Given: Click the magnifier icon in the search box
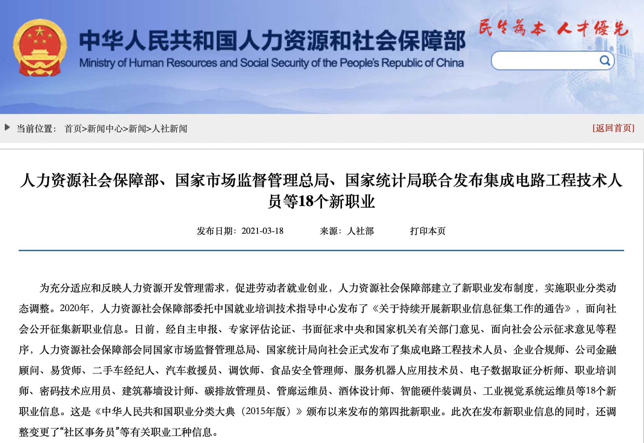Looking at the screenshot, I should point(605,60).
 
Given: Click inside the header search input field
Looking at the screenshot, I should point(544,61).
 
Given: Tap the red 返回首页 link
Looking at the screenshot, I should point(613,128).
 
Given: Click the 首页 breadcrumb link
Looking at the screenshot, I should point(73,129).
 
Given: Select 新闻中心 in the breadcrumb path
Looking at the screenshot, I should point(105,129).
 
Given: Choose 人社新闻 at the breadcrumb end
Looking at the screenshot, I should point(170,129).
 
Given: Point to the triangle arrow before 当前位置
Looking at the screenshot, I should point(7,127).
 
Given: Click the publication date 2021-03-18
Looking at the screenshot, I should point(262,231).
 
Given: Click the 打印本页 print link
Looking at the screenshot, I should point(428,231).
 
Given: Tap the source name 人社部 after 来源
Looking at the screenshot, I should point(360,231).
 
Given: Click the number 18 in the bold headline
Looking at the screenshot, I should point(306,202).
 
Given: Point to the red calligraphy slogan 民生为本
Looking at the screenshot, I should point(512,28).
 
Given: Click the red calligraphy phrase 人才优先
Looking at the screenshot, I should point(592,28).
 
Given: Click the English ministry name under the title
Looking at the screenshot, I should point(271,63).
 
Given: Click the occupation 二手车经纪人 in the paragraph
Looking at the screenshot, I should point(124,370).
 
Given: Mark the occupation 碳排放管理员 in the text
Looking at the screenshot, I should point(235,391).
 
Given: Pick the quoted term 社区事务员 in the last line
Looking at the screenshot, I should point(90,432).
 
